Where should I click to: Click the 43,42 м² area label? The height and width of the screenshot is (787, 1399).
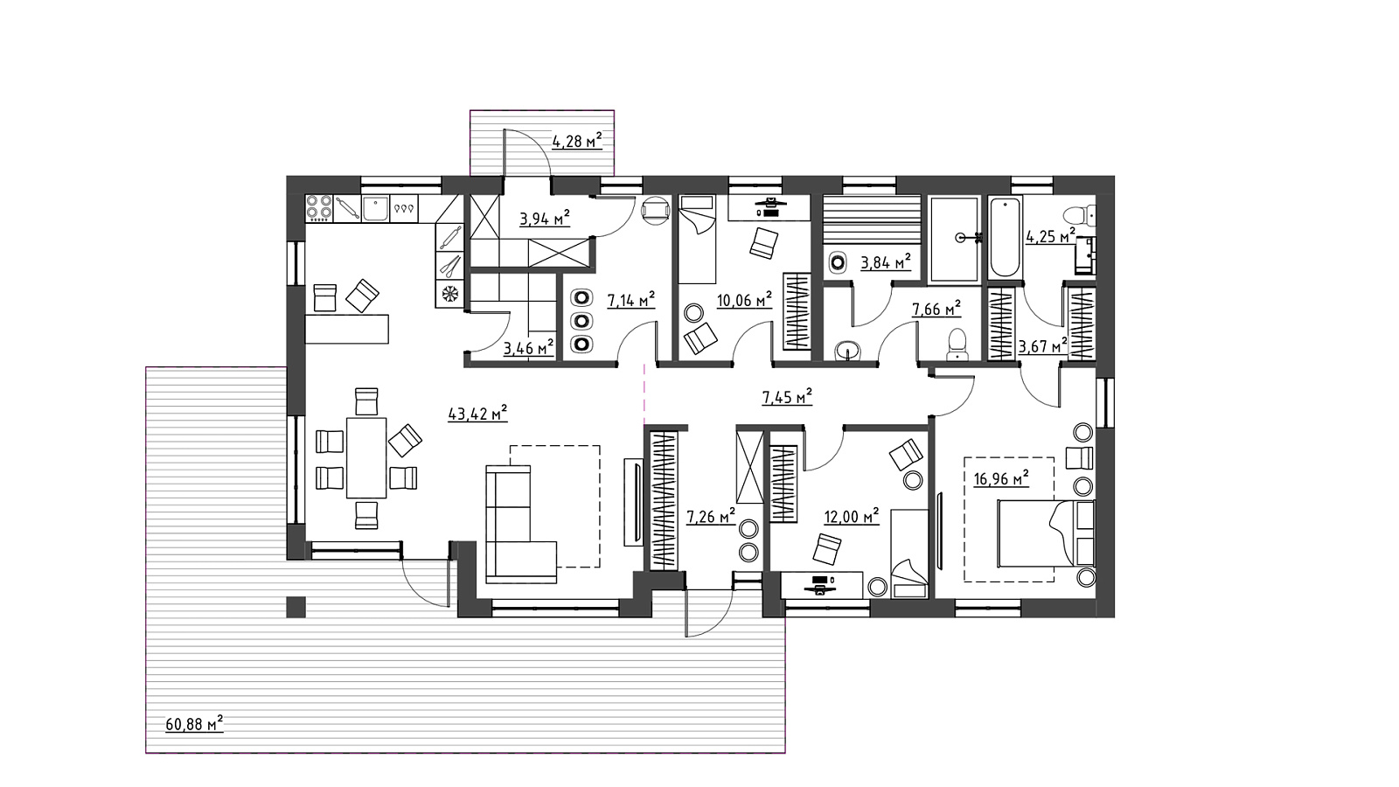(x=477, y=414)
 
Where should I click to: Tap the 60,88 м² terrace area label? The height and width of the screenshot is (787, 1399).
(x=194, y=724)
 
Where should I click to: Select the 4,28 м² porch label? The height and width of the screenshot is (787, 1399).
(x=577, y=141)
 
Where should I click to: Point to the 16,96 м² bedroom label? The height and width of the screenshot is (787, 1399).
(x=1001, y=479)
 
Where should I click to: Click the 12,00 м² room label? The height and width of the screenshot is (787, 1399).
(x=852, y=517)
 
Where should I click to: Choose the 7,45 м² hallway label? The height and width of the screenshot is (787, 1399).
(x=787, y=397)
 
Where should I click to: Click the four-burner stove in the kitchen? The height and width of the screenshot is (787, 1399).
(x=319, y=208)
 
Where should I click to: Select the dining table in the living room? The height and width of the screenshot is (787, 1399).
(x=366, y=458)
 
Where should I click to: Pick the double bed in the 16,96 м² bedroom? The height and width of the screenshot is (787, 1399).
(x=1046, y=533)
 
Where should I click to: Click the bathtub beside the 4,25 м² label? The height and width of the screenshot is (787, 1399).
(x=1006, y=237)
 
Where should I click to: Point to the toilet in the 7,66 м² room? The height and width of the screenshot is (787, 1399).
(x=957, y=345)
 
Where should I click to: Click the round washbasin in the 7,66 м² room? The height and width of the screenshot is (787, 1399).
(x=847, y=351)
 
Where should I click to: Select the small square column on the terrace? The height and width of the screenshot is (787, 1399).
(x=296, y=607)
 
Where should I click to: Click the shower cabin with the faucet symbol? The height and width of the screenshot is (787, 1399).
(x=954, y=240)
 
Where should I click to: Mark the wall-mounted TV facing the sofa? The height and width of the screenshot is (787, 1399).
(x=633, y=503)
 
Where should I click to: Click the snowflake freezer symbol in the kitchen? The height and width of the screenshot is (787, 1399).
(x=449, y=294)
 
